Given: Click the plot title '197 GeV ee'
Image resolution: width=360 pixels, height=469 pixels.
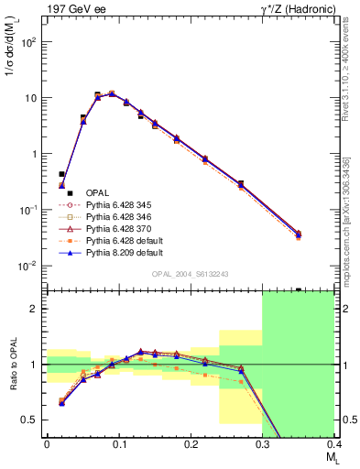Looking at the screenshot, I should click(71, 8).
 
